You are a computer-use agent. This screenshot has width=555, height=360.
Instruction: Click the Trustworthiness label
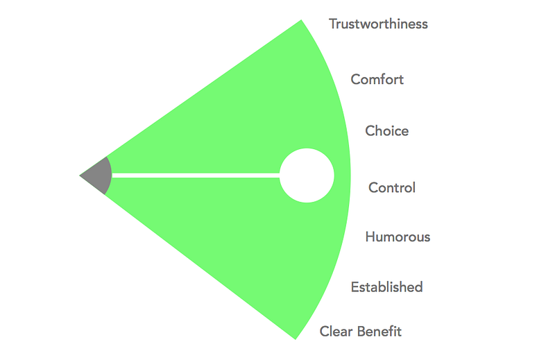(378, 24)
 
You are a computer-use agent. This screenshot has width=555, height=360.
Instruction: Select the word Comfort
(377, 79)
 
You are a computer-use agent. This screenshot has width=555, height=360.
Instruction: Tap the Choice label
(387, 131)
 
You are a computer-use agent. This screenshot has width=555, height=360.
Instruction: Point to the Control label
(392, 187)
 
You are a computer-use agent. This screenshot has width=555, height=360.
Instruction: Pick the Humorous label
(398, 237)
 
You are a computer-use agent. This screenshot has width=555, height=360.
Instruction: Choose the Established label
(386, 287)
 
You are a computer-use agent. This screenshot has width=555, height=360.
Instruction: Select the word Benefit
(380, 332)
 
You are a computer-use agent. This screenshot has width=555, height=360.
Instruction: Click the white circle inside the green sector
(307, 175)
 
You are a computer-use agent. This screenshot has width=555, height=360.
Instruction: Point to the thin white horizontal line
(194, 175)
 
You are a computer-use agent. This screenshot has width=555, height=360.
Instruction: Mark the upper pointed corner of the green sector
(301, 20)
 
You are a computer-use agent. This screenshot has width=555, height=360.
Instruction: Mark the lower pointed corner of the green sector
(296, 338)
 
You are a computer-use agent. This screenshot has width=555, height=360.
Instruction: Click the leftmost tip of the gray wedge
(80, 176)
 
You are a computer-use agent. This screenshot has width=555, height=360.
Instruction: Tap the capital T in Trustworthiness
(333, 24)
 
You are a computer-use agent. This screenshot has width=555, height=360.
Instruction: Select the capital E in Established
(355, 287)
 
